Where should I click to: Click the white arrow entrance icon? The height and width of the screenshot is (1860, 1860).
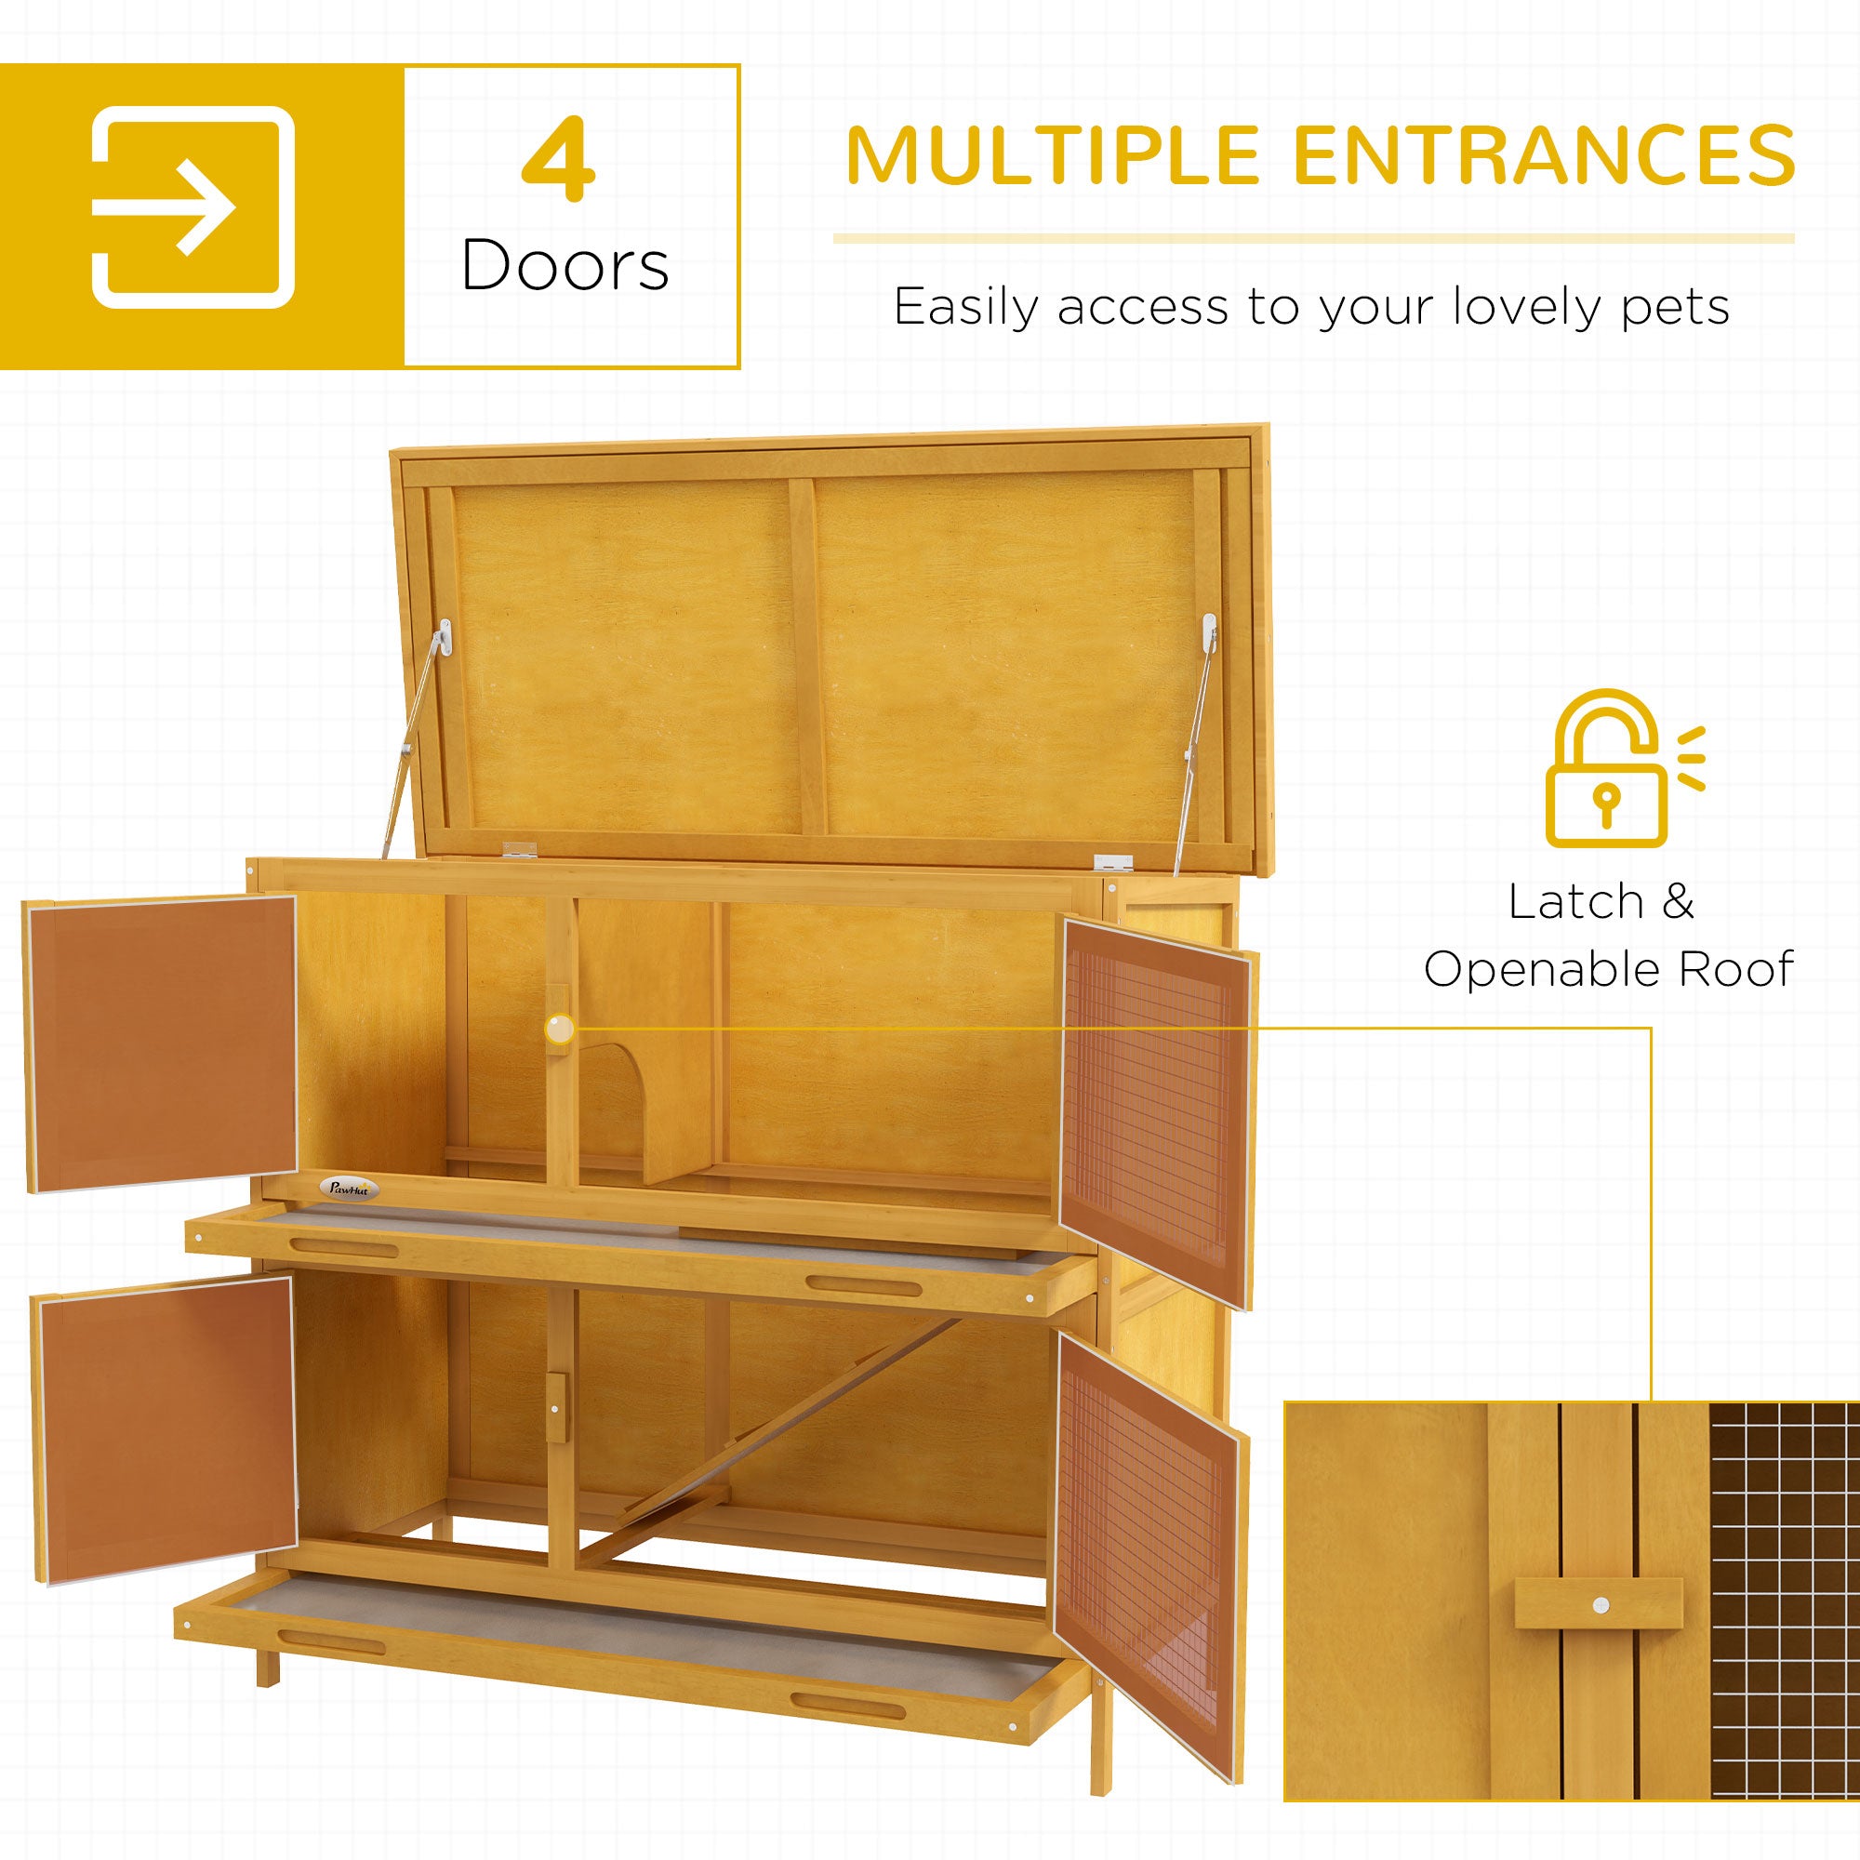click(193, 207)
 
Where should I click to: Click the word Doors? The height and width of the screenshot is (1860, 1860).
click(565, 265)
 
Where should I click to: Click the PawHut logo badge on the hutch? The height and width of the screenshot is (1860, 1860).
click(349, 1189)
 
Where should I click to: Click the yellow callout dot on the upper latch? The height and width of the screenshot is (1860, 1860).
click(559, 1030)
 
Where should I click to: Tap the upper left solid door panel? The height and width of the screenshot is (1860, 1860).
click(162, 1043)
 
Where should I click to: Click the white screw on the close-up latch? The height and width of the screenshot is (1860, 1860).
click(1601, 1605)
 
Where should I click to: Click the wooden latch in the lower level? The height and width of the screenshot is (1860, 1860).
click(556, 1407)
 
